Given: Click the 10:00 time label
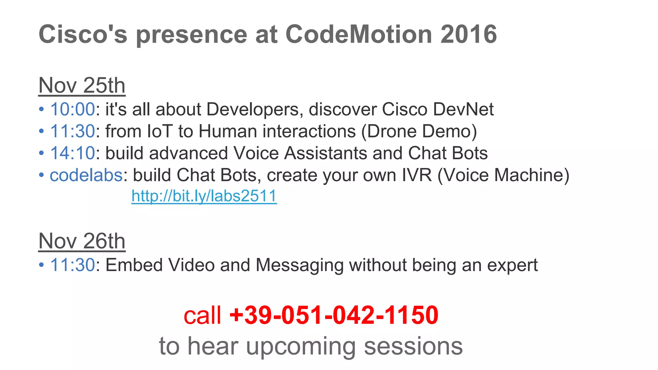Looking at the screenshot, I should (73, 109).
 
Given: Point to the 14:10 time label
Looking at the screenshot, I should (73, 153).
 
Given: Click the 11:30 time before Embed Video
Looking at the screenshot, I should (73, 265).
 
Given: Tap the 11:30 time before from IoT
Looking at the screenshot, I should (73, 131).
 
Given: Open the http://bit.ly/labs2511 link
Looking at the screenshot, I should (204, 196).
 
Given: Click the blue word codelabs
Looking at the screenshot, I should (86, 175).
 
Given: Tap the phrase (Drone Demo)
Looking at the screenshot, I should (419, 131).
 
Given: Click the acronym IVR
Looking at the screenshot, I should (417, 175).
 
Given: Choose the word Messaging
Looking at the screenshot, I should (299, 266).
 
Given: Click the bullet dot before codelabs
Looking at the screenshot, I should (41, 175).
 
